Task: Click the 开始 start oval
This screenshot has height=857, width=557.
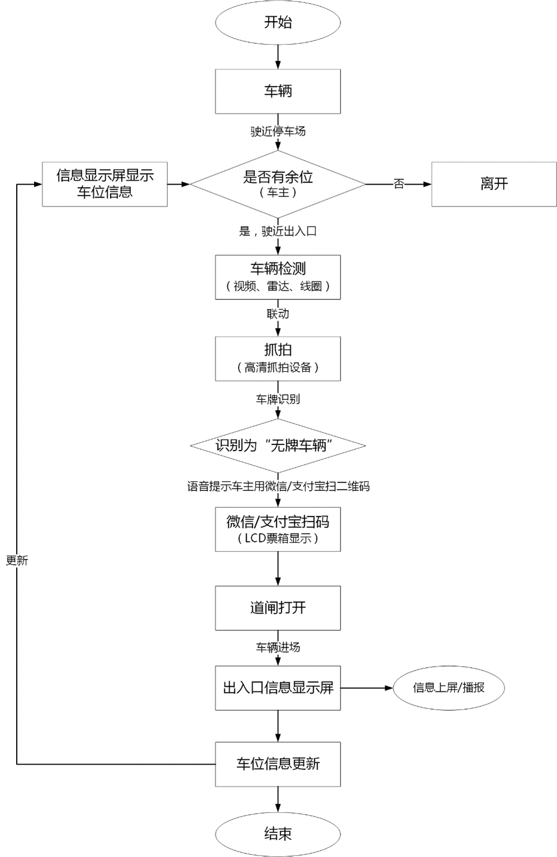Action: (x=277, y=22)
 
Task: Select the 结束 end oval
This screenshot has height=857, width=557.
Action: (x=277, y=833)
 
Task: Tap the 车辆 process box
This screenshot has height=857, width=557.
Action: (x=277, y=91)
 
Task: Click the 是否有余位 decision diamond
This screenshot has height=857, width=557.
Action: (x=277, y=184)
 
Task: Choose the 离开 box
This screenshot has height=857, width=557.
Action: (x=494, y=184)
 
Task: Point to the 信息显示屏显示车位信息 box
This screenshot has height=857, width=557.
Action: (x=105, y=184)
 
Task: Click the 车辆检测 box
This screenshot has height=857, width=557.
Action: (x=277, y=277)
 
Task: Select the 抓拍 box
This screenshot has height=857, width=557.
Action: (x=277, y=358)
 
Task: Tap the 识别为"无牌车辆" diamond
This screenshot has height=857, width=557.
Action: (x=277, y=446)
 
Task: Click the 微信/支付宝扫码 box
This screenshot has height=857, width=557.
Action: (x=277, y=529)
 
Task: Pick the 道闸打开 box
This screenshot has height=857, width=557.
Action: (x=277, y=608)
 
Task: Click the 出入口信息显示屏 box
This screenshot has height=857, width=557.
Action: (x=277, y=688)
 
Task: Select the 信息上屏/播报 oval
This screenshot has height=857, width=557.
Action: (x=449, y=688)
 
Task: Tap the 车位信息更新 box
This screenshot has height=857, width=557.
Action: (x=277, y=764)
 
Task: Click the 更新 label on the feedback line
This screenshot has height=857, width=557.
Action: (x=17, y=560)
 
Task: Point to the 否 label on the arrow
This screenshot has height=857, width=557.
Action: (x=399, y=184)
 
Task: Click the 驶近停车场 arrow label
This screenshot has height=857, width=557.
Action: (x=277, y=132)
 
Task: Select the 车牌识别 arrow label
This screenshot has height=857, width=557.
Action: (x=277, y=399)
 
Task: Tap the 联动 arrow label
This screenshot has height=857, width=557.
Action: (x=277, y=313)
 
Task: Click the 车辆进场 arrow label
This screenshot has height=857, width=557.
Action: (x=277, y=648)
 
